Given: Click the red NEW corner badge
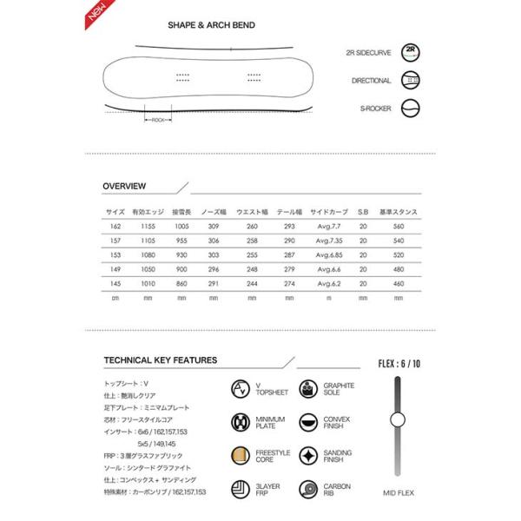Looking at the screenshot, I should tap(97, 12).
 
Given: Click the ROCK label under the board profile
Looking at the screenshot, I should tap(157, 120).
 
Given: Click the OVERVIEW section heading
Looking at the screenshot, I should tap(124, 186).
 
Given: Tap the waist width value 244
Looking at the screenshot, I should tap(253, 284).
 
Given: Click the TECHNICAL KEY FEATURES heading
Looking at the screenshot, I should tap(160, 359).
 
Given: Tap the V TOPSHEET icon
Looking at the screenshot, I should tap(240, 388).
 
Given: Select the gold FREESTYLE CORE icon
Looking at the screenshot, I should tap(240, 455).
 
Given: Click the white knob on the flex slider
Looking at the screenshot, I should tap(398, 421).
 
